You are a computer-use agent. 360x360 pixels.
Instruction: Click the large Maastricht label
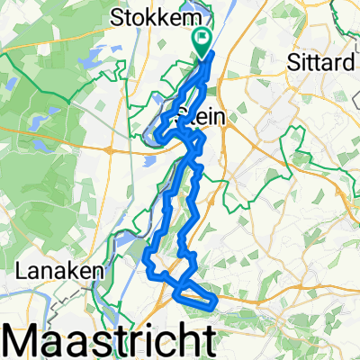point(112,339)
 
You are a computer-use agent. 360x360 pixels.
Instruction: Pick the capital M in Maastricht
point(26,339)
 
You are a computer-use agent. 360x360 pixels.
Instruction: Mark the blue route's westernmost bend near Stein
point(156,135)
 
